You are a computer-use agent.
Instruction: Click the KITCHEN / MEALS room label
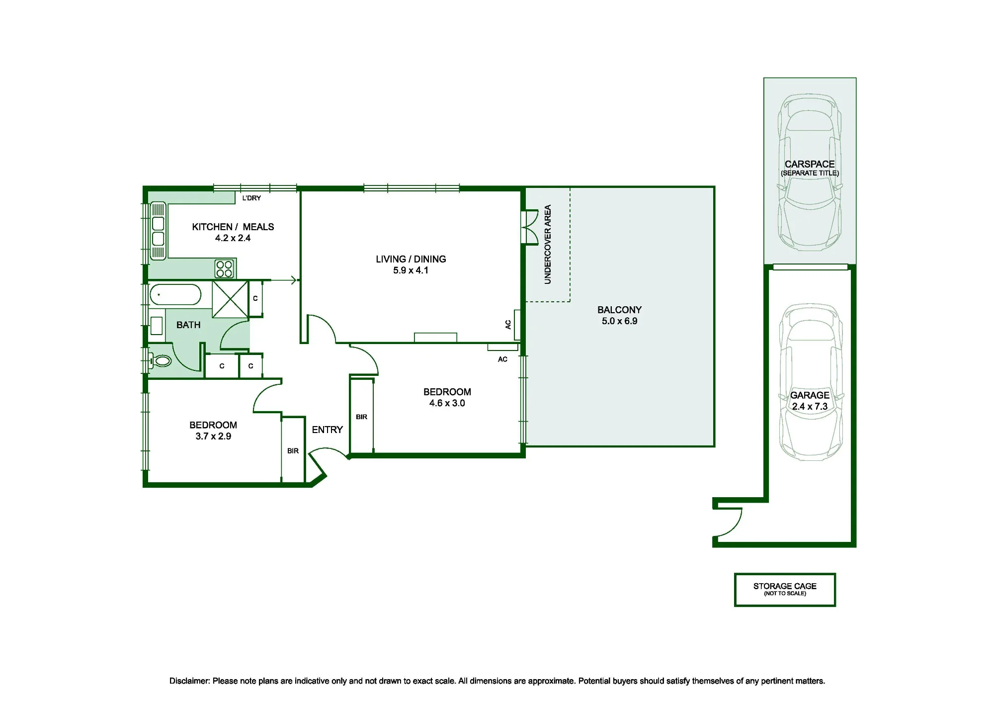233,227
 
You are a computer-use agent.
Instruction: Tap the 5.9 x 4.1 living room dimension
411,270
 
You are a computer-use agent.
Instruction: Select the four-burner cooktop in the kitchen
225,269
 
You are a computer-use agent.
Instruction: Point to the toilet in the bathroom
160,360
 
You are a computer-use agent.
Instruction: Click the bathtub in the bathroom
175,294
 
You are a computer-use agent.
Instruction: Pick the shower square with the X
230,299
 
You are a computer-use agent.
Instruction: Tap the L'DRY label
251,198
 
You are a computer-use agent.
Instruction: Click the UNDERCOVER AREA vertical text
548,245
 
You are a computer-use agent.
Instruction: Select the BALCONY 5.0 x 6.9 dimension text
619,321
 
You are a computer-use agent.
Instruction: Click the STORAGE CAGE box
785,590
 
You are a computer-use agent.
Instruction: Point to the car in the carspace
810,173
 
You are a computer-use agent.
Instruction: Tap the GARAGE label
810,395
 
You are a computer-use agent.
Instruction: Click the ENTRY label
328,430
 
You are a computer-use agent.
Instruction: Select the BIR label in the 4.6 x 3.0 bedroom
361,417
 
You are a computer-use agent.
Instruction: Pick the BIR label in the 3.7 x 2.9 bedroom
293,451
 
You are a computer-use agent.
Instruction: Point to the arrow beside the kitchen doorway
284,280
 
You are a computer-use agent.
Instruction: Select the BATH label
188,325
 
